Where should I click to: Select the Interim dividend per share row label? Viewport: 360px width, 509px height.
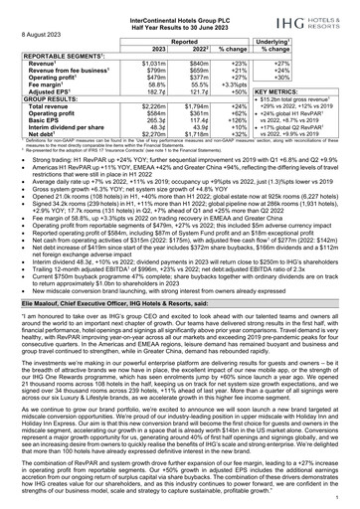[66, 130]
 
